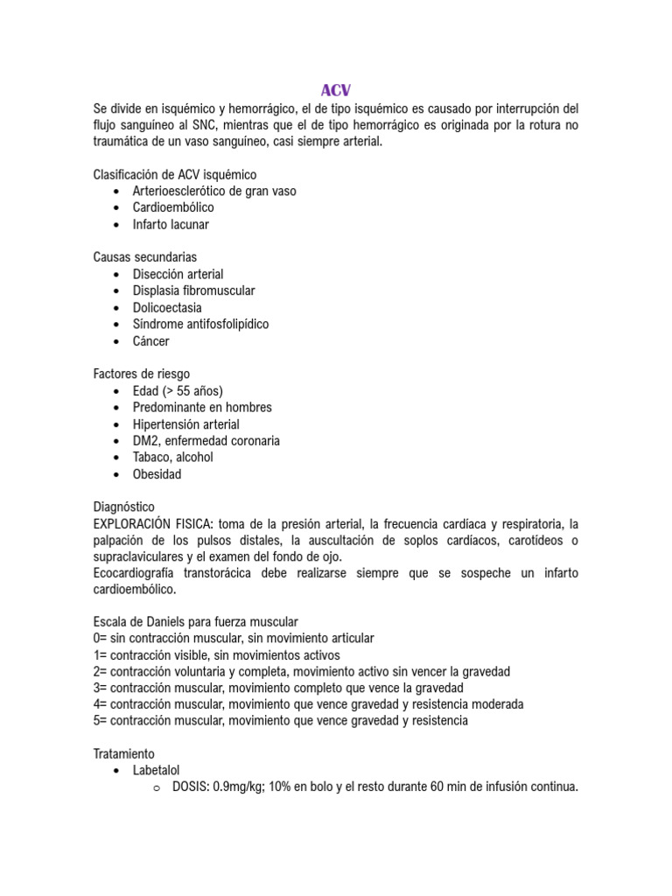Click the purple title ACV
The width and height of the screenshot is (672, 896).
coord(335,90)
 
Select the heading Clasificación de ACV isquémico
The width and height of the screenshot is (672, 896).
coord(175,174)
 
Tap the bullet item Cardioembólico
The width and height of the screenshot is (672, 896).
coord(173,207)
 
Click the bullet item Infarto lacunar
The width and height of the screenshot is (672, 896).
coord(171,224)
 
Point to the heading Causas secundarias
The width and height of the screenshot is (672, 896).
coord(145,257)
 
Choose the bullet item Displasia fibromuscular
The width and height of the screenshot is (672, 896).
coord(193,290)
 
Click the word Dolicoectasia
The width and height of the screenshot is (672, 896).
coord(167,307)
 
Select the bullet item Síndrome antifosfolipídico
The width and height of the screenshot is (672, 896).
coord(200,324)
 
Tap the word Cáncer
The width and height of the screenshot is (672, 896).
coord(151,341)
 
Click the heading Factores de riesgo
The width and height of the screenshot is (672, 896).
coord(141,374)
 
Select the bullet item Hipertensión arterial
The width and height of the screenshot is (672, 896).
coord(185,424)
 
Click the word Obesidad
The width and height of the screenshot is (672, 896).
coord(157,474)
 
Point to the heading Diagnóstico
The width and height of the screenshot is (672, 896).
coord(123,507)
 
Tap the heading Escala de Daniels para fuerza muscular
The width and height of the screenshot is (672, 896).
coord(195,621)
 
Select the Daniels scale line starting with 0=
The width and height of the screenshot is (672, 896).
coord(233,638)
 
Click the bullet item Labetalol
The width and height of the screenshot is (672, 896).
coord(157,770)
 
